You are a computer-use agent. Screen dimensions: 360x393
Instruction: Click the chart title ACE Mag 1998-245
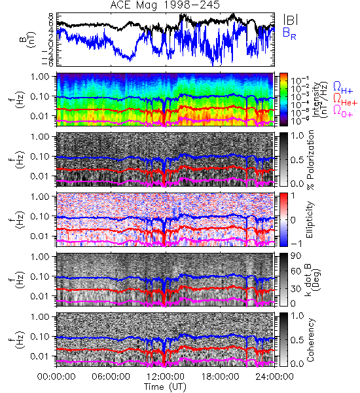(165, 5)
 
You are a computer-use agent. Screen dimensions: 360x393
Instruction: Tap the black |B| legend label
(291, 20)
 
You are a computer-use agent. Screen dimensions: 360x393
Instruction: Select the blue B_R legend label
(289, 33)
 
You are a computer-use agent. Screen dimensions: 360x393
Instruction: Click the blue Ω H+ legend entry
(343, 88)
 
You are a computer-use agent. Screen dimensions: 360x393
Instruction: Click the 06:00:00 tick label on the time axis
(111, 377)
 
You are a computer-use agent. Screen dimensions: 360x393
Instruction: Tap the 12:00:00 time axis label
(166, 377)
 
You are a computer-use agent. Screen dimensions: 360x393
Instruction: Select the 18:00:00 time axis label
(220, 377)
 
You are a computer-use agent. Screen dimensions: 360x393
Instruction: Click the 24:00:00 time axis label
(274, 377)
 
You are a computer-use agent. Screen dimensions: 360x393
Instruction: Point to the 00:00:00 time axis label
(56, 377)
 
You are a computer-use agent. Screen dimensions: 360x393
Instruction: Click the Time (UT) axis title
(166, 387)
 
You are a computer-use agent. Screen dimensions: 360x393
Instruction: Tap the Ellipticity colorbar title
(310, 219)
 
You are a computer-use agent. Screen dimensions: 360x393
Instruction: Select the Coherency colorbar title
(310, 340)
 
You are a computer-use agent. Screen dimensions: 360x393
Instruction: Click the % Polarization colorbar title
(310, 160)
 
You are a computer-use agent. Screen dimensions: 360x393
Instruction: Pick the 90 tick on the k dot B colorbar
(297, 255)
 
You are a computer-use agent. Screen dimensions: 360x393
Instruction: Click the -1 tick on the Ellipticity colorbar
(296, 244)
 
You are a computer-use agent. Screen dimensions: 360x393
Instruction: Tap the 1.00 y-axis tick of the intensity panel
(40, 76)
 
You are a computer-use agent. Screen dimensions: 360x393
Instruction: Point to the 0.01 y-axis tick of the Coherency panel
(40, 356)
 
